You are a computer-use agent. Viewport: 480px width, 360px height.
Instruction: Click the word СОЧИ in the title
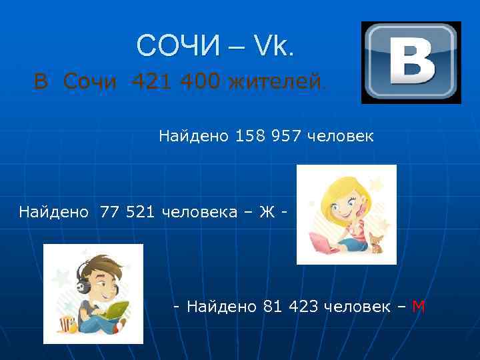coord(178,45)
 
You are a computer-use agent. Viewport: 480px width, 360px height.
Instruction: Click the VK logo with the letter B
coord(411,63)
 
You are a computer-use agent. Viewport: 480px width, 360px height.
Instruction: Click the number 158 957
coord(269,137)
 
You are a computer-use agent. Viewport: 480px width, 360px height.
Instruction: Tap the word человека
coord(200,212)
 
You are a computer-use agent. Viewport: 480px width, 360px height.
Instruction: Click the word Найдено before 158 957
coord(194,137)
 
